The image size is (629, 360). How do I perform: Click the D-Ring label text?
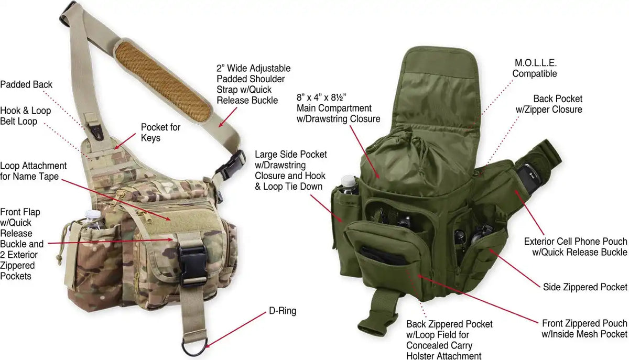click(283, 311)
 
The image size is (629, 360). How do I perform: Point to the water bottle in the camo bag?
click(94, 220)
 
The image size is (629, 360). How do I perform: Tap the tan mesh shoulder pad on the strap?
click(163, 81)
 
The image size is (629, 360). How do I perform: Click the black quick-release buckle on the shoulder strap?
click(231, 165)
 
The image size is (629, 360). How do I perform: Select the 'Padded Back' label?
click(26, 84)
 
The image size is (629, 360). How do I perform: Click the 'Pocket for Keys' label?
click(160, 133)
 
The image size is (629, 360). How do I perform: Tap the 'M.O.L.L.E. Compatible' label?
click(534, 68)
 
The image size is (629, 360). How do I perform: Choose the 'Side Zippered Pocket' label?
click(585, 287)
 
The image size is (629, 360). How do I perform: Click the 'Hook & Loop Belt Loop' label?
click(25, 116)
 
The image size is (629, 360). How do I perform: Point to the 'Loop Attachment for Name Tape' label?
click(33, 171)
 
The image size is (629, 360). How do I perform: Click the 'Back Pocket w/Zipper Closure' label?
click(549, 104)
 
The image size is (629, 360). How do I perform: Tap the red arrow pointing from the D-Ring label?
click(235, 330)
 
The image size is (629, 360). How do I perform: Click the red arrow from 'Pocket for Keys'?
click(125, 141)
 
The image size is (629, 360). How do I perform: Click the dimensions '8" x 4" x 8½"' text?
click(321, 97)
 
